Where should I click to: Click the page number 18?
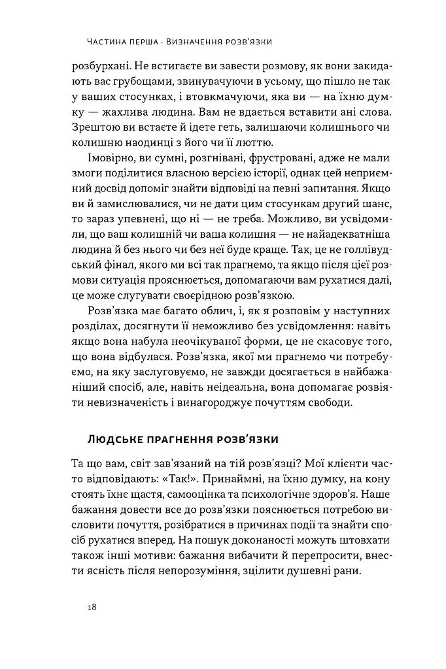[92, 606]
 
